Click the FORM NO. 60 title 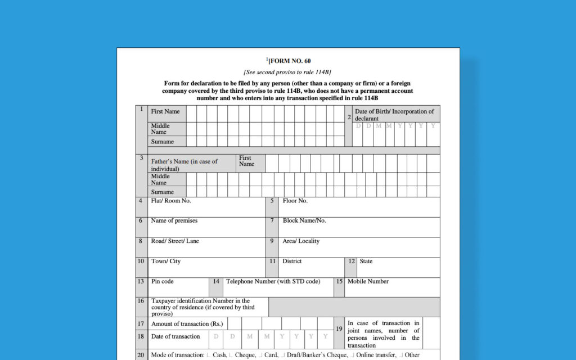tap(289, 61)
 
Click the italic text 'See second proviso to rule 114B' tap(287, 72)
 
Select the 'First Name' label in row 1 tap(165, 111)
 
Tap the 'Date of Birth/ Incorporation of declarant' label tap(394, 115)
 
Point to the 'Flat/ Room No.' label tap(171, 201)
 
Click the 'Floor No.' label tap(295, 201)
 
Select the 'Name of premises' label tap(174, 221)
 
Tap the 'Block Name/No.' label tap(304, 221)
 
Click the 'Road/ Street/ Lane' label tap(175, 241)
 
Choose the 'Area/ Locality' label tap(301, 241)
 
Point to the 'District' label tap(292, 262)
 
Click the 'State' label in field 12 tap(366, 262)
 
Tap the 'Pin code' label tap(162, 282)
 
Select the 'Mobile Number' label tap(368, 282)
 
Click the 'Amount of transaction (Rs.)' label tap(187, 324)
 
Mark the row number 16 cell tap(141, 301)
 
